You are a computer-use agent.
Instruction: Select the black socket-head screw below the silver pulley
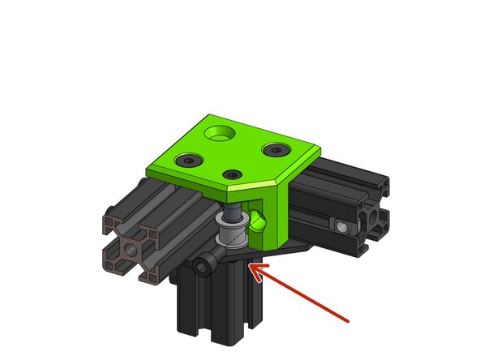click(x=207, y=264)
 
